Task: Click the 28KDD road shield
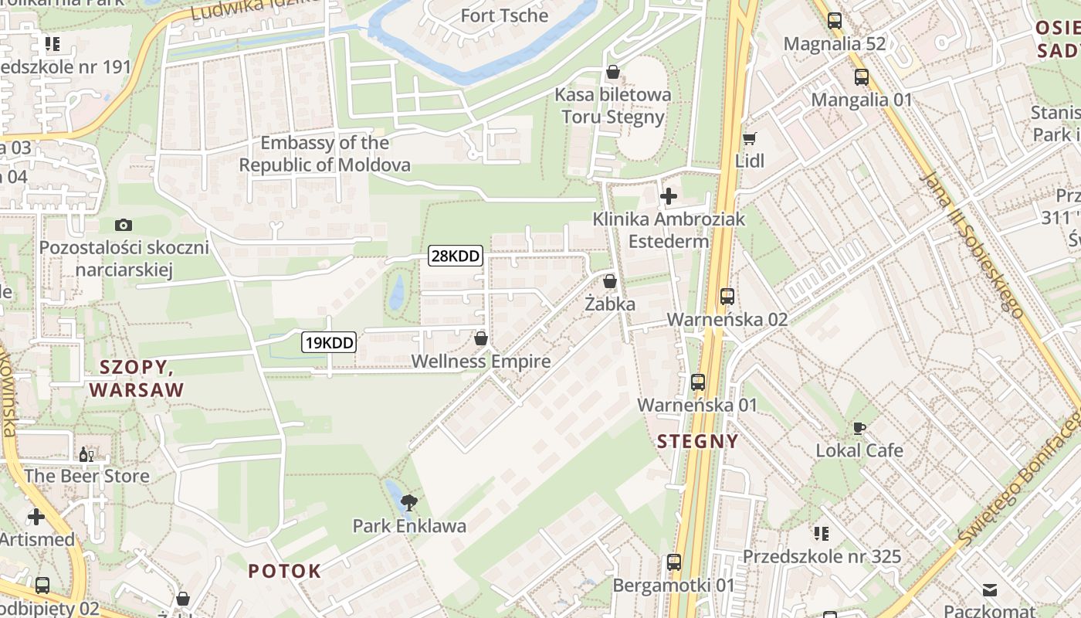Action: pos(456,256)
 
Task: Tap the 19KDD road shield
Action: pos(329,342)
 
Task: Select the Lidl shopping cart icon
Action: pos(749,139)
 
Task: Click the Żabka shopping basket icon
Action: pos(610,281)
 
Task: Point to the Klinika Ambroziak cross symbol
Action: pos(669,196)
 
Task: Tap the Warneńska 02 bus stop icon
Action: pos(727,296)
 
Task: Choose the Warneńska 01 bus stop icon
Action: pos(698,382)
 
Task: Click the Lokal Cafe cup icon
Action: pos(859,428)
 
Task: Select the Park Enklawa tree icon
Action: pos(410,504)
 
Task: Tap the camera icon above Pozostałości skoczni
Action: pos(124,225)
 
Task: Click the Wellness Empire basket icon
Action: pos(481,338)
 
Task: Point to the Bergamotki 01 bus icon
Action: pos(674,562)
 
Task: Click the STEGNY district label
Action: pos(698,441)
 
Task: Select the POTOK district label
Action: pos(284,571)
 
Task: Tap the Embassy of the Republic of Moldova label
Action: pos(324,154)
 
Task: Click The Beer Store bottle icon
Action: pos(86,453)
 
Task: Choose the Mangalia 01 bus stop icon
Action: pos(862,77)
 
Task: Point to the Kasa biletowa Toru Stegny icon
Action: pos(613,72)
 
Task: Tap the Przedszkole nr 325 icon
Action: pos(822,533)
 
